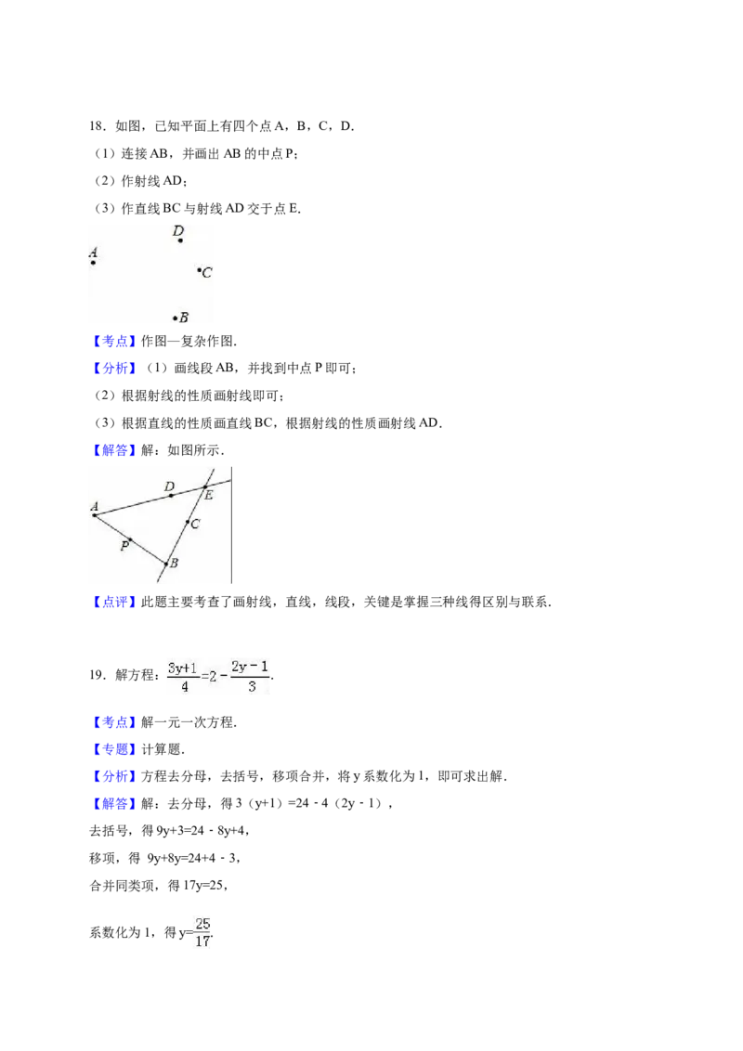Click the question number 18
point(98,126)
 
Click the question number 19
point(98,675)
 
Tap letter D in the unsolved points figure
point(177,230)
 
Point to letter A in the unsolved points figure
point(93,253)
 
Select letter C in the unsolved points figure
point(206,272)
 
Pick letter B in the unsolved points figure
point(184,318)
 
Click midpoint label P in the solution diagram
point(124,546)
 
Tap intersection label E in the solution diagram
point(209,496)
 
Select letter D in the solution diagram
point(170,487)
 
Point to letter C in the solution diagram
point(195,525)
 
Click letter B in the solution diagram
point(174,563)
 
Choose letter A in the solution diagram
point(95,507)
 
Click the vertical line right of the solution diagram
point(231,525)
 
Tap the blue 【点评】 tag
point(112,602)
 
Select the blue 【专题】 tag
point(112,749)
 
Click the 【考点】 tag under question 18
point(112,341)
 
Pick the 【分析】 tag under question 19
point(112,776)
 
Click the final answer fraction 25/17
point(202,932)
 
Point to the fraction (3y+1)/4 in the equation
point(183,677)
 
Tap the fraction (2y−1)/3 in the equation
point(250,676)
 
